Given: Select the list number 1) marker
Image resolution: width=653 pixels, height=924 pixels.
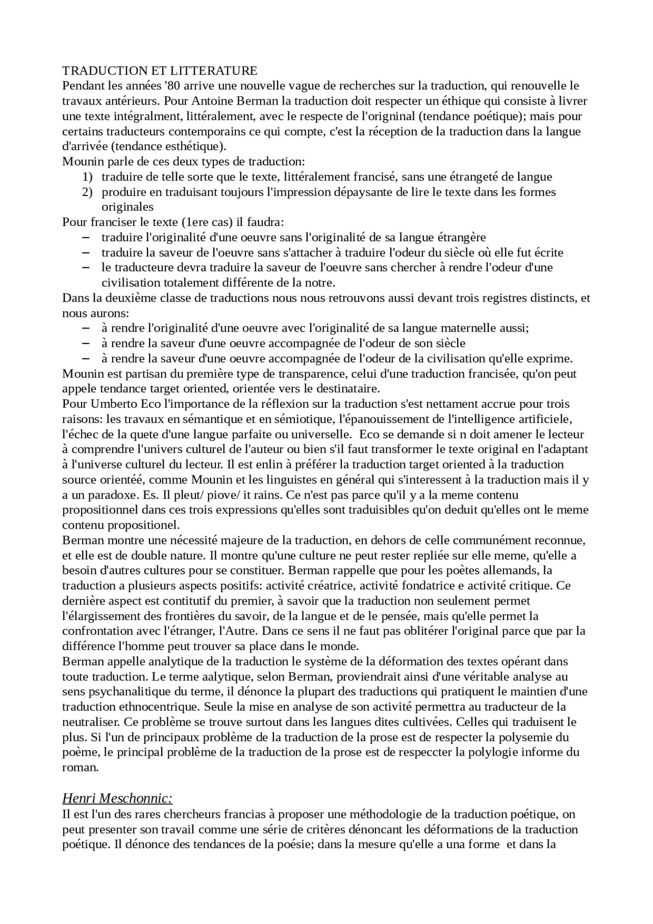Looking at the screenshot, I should tap(87, 177).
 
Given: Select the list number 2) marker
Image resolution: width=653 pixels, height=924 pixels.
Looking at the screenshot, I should tap(87, 192).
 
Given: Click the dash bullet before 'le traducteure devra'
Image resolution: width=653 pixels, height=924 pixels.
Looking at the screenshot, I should tap(85, 267).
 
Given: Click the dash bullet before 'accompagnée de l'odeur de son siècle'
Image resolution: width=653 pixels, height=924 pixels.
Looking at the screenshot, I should tap(85, 343).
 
